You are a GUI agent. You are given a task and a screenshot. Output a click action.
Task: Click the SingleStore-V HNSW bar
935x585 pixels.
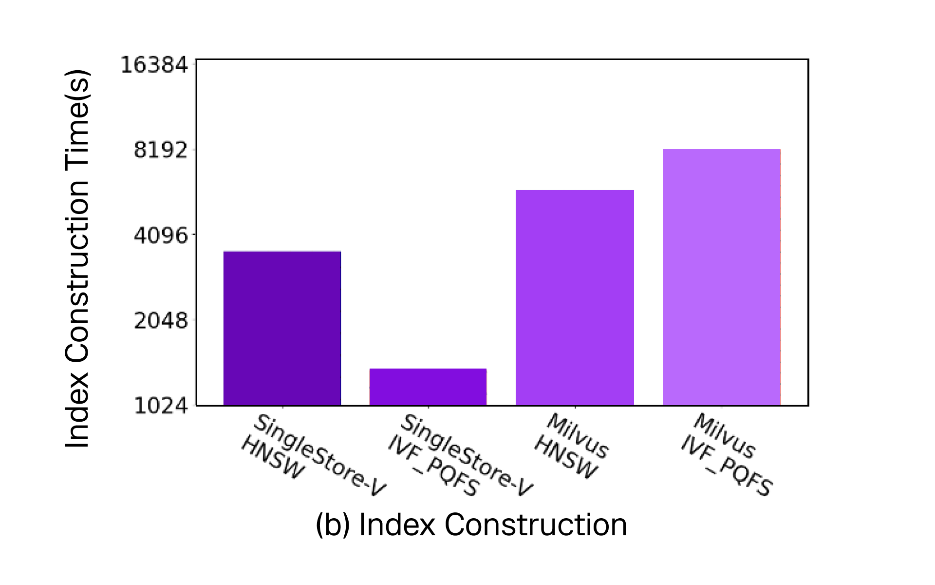[x=282, y=328]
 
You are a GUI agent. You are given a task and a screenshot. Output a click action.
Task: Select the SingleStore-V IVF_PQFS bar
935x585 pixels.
[x=428, y=387]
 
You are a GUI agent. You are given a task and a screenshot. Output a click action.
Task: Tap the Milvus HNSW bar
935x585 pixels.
[x=575, y=297]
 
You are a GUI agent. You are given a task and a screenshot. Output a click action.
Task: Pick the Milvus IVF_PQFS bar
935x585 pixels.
[x=721, y=277]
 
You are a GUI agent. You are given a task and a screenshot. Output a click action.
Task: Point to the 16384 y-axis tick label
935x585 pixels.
[x=154, y=65]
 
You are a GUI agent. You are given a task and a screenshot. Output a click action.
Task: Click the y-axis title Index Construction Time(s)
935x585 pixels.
[x=78, y=258]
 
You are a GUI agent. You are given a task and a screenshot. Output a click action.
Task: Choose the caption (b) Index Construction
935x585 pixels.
[x=471, y=525]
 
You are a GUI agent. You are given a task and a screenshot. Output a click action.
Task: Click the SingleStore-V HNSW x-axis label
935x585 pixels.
[x=312, y=456]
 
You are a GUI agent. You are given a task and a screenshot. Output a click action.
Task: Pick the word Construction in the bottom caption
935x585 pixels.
[x=536, y=525]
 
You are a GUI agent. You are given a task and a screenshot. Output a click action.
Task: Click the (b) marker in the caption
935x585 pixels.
[x=333, y=525]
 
